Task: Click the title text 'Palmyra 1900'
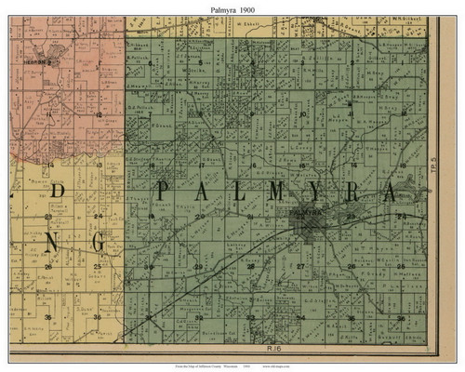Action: coord(232,8)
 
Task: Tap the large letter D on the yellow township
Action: coord(57,192)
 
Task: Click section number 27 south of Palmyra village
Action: coord(299,267)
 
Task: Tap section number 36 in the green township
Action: coord(399,318)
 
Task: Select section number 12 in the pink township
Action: coord(98,113)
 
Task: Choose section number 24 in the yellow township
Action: coord(96,216)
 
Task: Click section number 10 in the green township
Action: coord(301,113)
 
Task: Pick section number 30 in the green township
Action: coord(149,267)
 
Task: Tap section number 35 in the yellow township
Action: coord(46,317)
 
